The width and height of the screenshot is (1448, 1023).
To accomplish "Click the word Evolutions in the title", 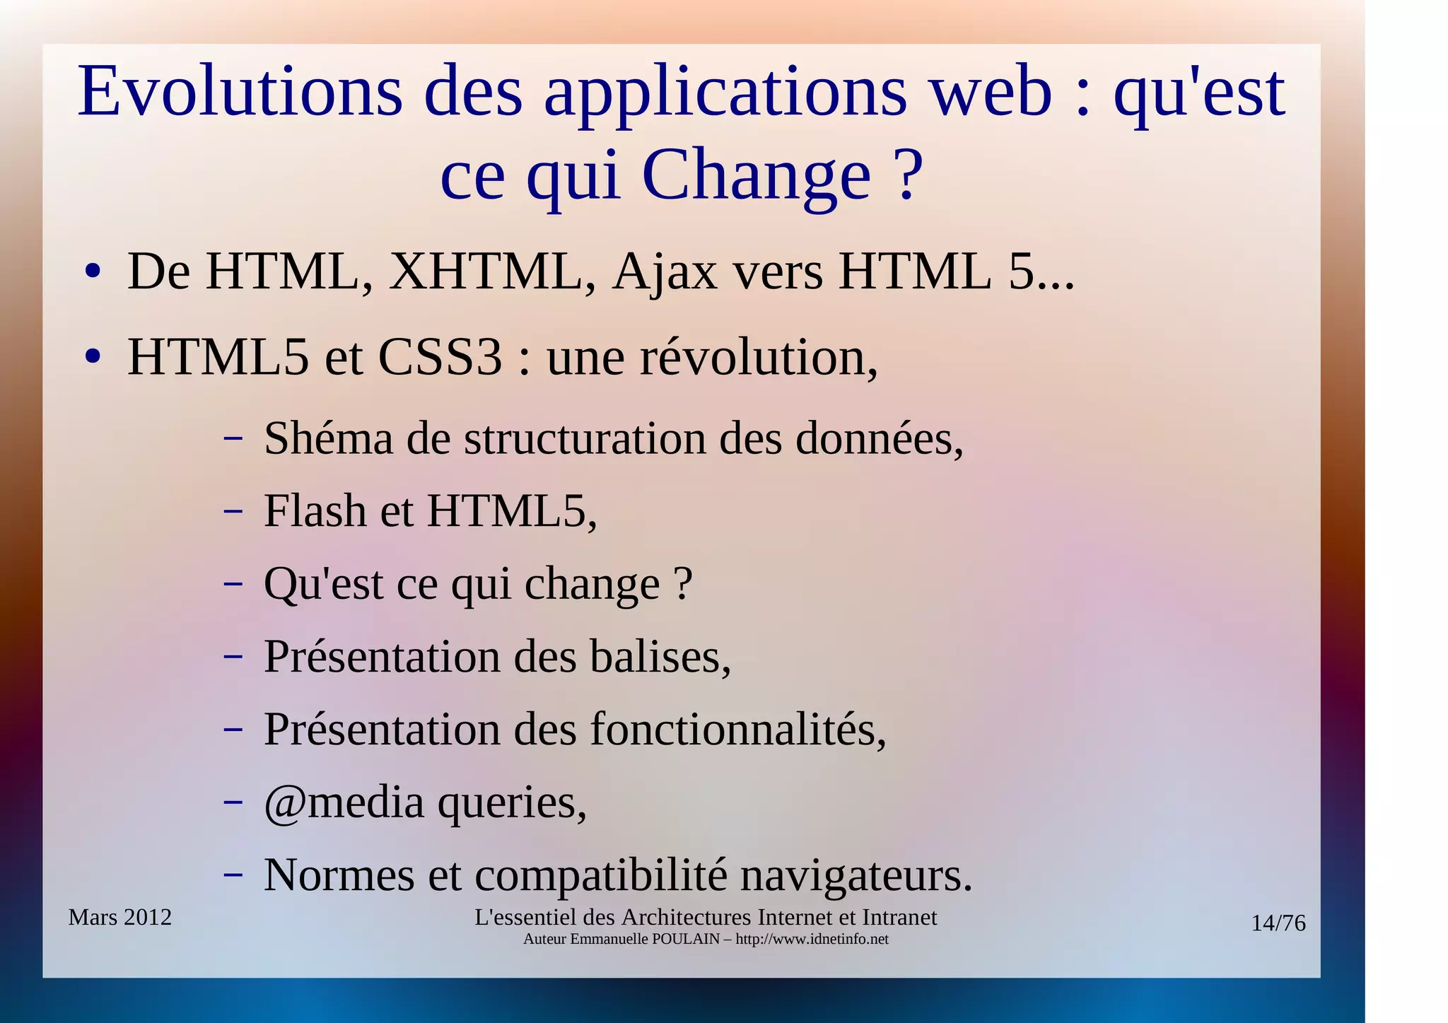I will [240, 92].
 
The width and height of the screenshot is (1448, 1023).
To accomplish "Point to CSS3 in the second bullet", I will [440, 358].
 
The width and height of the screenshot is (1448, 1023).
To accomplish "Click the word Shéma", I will [328, 439].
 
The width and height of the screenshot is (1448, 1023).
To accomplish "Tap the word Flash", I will [315, 511].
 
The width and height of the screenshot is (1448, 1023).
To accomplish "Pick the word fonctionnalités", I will [738, 730].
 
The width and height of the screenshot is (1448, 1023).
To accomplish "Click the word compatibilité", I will [601, 876].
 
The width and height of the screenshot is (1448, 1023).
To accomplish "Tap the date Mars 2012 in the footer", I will [120, 918].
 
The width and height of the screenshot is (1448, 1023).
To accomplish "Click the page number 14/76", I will [1278, 923].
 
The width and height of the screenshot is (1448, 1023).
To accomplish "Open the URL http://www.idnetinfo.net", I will [812, 940].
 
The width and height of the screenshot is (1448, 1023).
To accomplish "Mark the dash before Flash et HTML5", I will [233, 510].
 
